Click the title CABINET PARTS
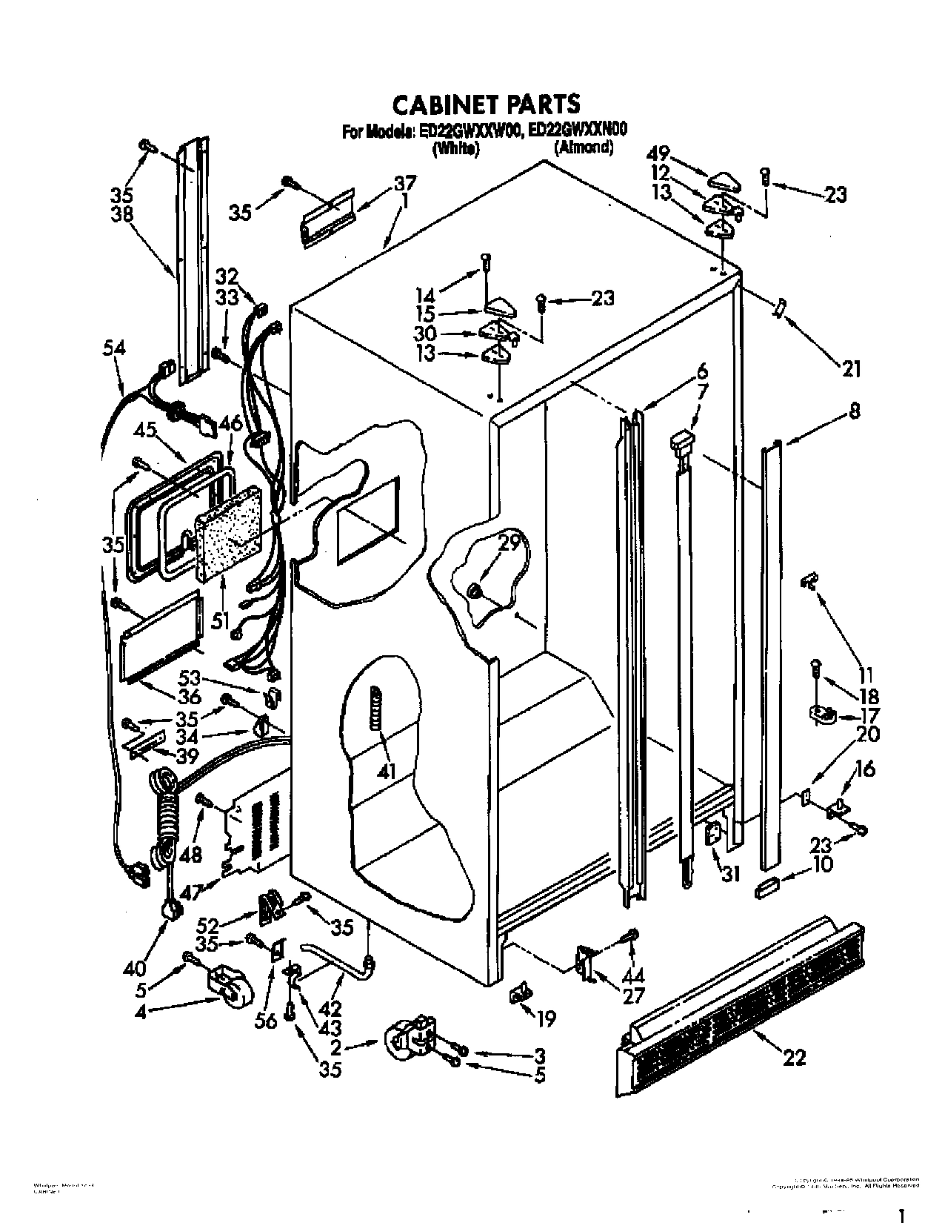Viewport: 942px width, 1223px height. click(485, 103)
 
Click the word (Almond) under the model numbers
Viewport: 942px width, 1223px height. click(583, 147)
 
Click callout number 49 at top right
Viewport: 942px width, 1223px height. click(658, 155)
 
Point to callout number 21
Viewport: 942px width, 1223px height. click(852, 367)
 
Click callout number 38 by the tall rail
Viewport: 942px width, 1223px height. click(121, 215)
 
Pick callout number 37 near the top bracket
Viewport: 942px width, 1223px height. click(404, 183)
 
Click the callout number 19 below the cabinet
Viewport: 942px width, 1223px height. click(545, 1020)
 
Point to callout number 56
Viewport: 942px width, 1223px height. click(266, 1021)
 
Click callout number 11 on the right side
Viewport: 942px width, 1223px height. click(866, 675)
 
